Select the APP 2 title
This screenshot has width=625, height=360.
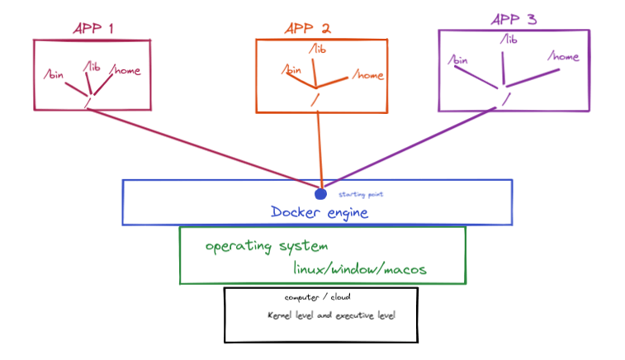click(308, 28)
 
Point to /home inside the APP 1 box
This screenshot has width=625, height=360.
click(125, 70)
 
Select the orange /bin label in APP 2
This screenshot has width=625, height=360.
click(291, 70)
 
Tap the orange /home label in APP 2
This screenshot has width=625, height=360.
click(367, 75)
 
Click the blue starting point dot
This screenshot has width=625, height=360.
click(320, 193)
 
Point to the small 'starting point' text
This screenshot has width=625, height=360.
click(362, 195)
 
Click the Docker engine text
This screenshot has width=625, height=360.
click(319, 212)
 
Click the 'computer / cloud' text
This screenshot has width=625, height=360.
click(317, 297)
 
